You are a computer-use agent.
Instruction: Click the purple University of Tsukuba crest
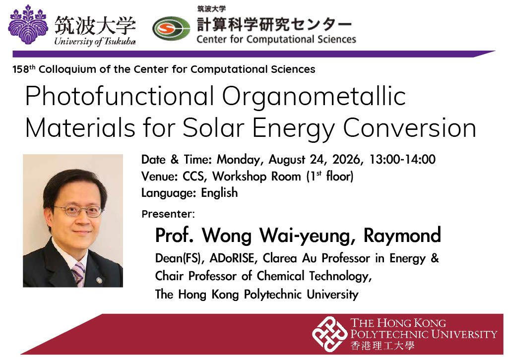tap(28, 24)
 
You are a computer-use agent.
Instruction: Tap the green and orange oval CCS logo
tap(171, 28)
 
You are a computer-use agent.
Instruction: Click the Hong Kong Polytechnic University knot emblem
tap(330, 334)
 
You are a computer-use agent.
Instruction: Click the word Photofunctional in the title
tap(120, 97)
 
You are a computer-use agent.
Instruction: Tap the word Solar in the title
tap(213, 128)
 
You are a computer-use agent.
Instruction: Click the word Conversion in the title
tap(409, 128)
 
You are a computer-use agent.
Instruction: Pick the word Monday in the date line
tap(238, 160)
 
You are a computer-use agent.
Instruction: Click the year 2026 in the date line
tap(346, 159)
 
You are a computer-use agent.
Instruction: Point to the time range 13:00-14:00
tap(402, 159)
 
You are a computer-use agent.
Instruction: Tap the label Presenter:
tap(168, 214)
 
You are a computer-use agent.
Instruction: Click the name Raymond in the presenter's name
tap(402, 236)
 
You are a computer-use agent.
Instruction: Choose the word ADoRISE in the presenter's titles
tap(232, 258)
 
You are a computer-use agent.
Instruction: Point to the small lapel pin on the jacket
tap(99, 279)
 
